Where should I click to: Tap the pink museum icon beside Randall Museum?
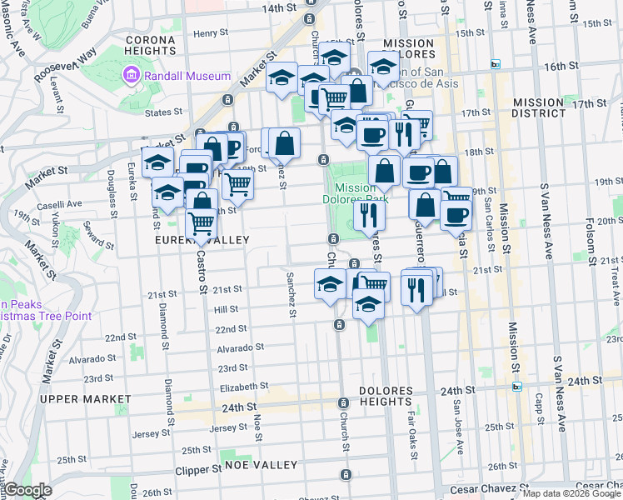tap(131, 77)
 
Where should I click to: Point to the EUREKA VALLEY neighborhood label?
tap(202, 240)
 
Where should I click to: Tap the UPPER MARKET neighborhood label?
tap(87, 399)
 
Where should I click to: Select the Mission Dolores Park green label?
tap(355, 193)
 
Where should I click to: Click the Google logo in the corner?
tap(27, 490)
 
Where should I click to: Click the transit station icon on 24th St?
tap(517, 386)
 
